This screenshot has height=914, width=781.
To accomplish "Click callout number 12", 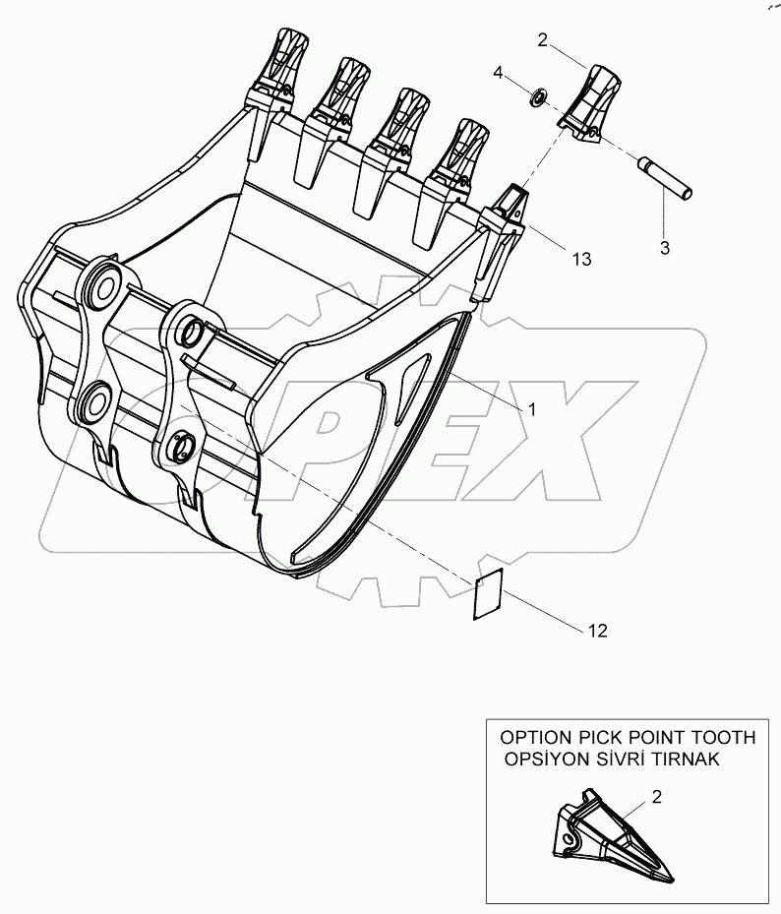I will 598,631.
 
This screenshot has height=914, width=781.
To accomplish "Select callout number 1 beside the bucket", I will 531,409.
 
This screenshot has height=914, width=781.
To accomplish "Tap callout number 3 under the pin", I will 664,248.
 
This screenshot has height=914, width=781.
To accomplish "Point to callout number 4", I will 500,73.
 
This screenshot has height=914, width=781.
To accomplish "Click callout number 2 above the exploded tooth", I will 542,40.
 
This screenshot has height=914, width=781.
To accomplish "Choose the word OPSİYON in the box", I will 547,759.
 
